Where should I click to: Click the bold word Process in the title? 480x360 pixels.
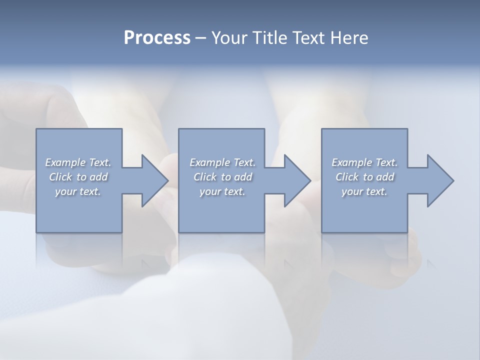coord(157,38)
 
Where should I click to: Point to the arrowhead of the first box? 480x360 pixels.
coord(153,180)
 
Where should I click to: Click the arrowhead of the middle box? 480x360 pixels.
coord(295,180)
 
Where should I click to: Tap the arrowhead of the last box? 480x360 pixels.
coord(438,180)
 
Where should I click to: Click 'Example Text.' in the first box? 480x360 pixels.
coord(78,162)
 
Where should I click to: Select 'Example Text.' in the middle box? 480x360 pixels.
coord(222,162)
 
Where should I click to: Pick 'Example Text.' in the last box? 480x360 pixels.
coord(364,162)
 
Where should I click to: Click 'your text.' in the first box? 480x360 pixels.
coord(78,191)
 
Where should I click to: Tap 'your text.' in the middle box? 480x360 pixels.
coord(222,191)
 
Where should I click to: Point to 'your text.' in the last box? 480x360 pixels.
coord(364,191)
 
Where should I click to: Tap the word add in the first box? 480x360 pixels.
coord(99,177)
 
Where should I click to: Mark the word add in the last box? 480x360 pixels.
coord(385,177)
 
